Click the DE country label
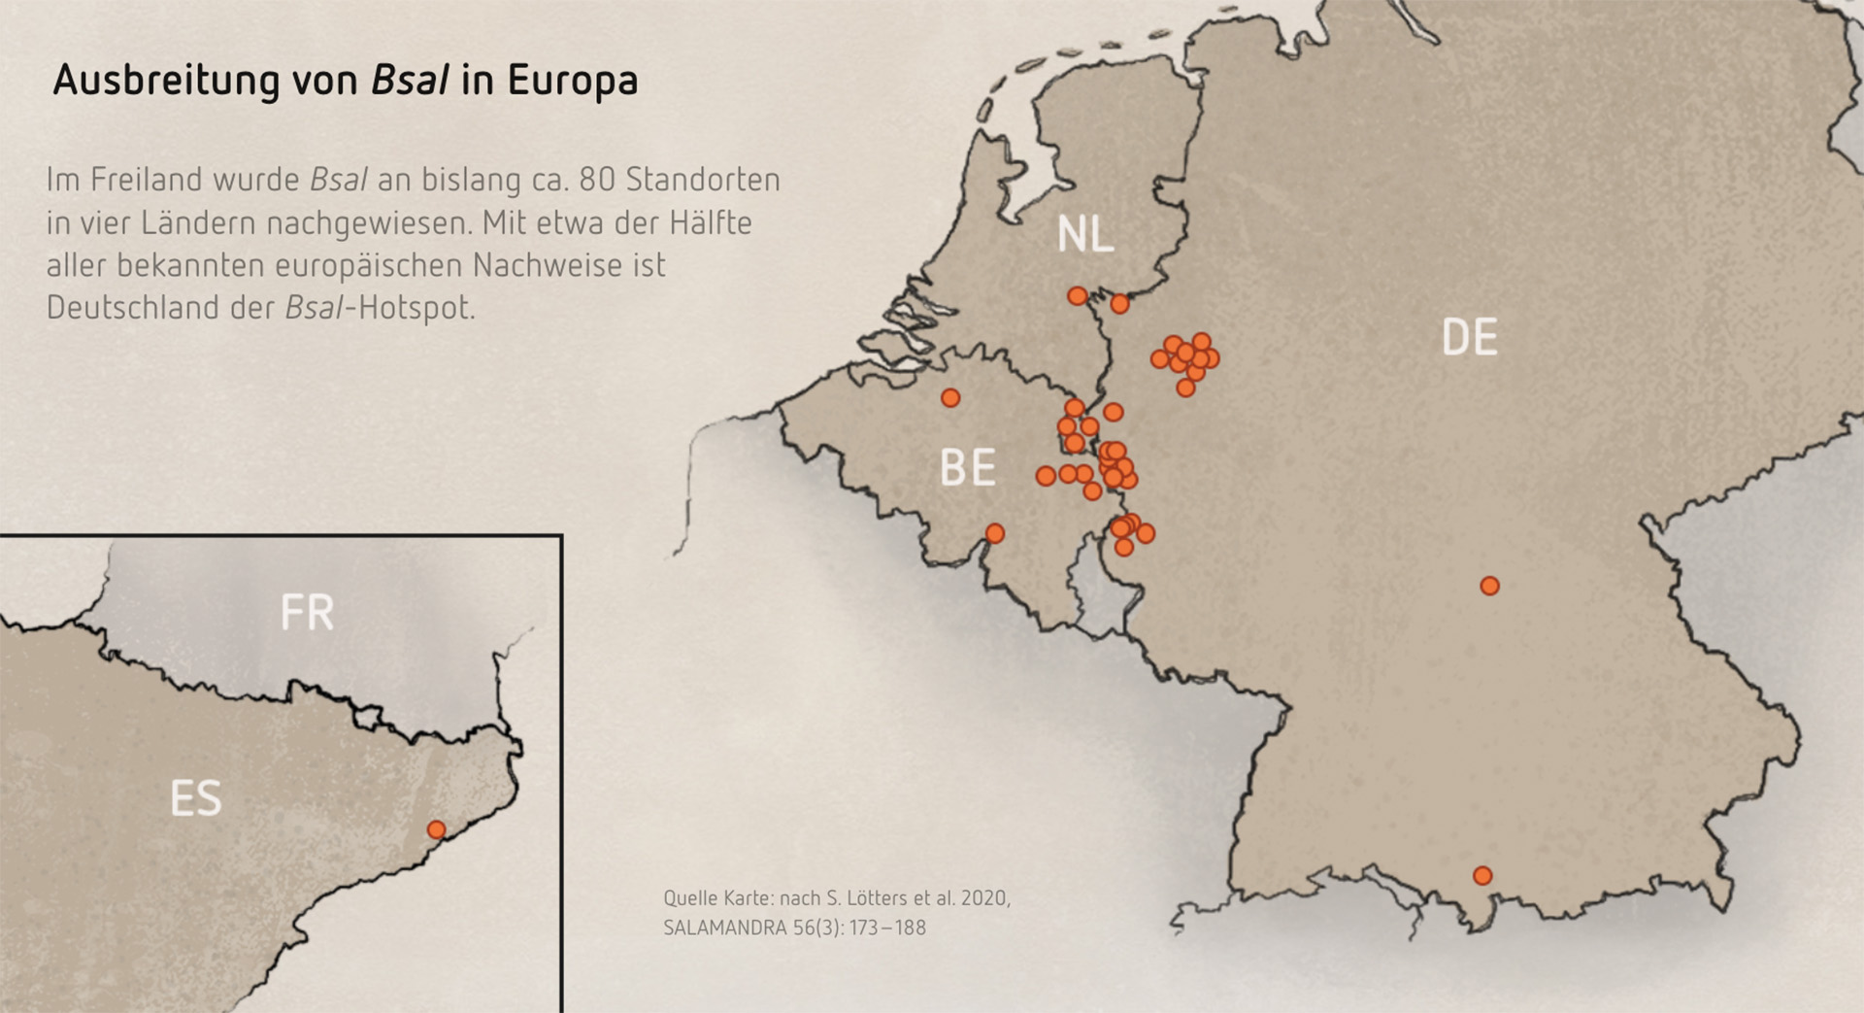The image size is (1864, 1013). pyautogui.click(x=1469, y=337)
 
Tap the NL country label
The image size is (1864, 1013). pyautogui.click(x=1084, y=235)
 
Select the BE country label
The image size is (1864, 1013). pyautogui.click(x=967, y=468)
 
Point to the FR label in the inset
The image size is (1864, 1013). pyautogui.click(x=307, y=613)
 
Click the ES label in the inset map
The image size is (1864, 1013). pyautogui.click(x=196, y=798)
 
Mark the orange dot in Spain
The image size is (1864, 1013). pyautogui.click(x=436, y=829)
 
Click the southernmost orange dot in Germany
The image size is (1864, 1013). pyautogui.click(x=1481, y=875)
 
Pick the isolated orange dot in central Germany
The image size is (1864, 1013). pyautogui.click(x=1489, y=586)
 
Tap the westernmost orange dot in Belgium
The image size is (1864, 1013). pyautogui.click(x=950, y=398)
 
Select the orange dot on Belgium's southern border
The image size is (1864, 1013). pyautogui.click(x=994, y=533)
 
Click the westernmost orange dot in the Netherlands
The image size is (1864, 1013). pyautogui.click(x=1077, y=295)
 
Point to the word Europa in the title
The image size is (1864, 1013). pyautogui.click(x=572, y=81)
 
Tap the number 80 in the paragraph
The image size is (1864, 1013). pyautogui.click(x=597, y=180)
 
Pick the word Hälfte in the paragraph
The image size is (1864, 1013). pyautogui.click(x=711, y=222)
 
